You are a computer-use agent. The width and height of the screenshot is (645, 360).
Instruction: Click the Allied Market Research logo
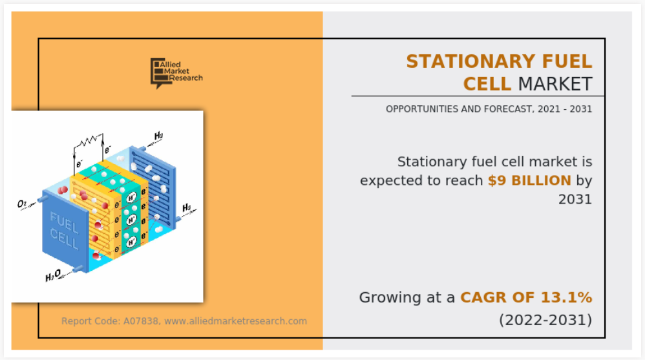(176, 73)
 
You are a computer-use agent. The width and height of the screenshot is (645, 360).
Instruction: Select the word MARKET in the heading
(555, 84)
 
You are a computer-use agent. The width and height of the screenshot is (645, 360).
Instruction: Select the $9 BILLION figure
(529, 180)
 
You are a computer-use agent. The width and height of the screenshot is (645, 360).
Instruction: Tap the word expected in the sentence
(386, 181)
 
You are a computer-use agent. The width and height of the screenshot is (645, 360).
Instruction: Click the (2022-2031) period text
(545, 320)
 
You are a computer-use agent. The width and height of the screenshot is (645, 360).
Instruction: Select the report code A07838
(141, 321)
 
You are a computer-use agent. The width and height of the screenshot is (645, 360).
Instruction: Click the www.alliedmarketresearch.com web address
(235, 321)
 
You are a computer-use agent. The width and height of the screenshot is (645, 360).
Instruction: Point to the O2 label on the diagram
(22, 204)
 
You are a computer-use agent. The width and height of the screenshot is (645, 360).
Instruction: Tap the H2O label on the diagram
(52, 276)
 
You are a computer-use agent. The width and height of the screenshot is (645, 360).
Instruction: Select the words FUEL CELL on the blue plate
(64, 231)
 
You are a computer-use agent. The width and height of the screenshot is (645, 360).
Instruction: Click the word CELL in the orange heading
(487, 84)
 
